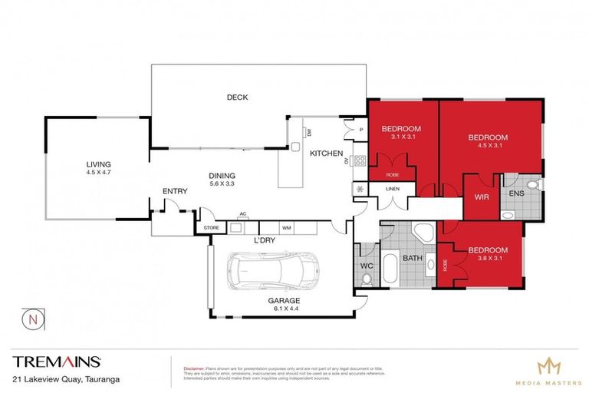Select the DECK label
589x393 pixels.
pyautogui.click(x=237, y=97)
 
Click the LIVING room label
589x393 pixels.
pyautogui.click(x=98, y=163)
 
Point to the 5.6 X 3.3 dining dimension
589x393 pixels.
pyautogui.click(x=222, y=183)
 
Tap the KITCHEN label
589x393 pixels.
pyautogui.click(x=325, y=154)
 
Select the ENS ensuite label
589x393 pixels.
pyautogui.click(x=516, y=193)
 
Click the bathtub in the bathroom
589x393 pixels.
pyautogui.click(x=389, y=270)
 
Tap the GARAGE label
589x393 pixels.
pyautogui.click(x=284, y=300)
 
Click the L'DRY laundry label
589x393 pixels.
pyautogui.click(x=265, y=239)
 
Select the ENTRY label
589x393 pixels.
pyautogui.click(x=175, y=191)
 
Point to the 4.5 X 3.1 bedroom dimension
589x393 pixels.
pyautogui.click(x=489, y=147)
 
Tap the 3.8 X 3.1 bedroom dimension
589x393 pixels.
pyautogui.click(x=489, y=259)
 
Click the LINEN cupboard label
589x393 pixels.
pyautogui.click(x=391, y=189)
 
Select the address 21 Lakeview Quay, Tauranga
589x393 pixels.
pyautogui.click(x=65, y=378)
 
